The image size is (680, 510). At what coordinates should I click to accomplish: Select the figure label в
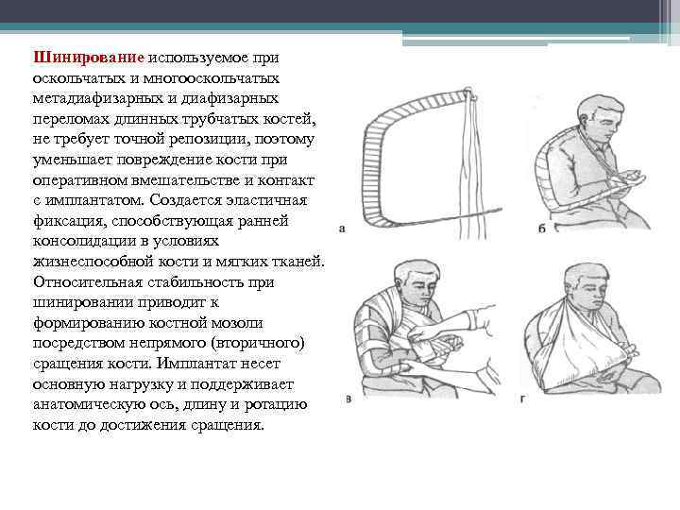(348, 399)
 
